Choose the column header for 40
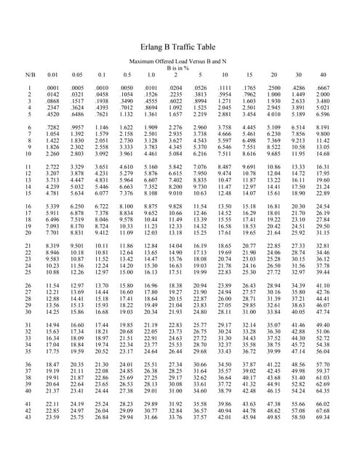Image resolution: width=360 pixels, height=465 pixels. click(323, 74)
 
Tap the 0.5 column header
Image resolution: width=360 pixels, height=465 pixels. click(127, 74)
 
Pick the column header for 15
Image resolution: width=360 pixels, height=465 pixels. click(249, 74)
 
